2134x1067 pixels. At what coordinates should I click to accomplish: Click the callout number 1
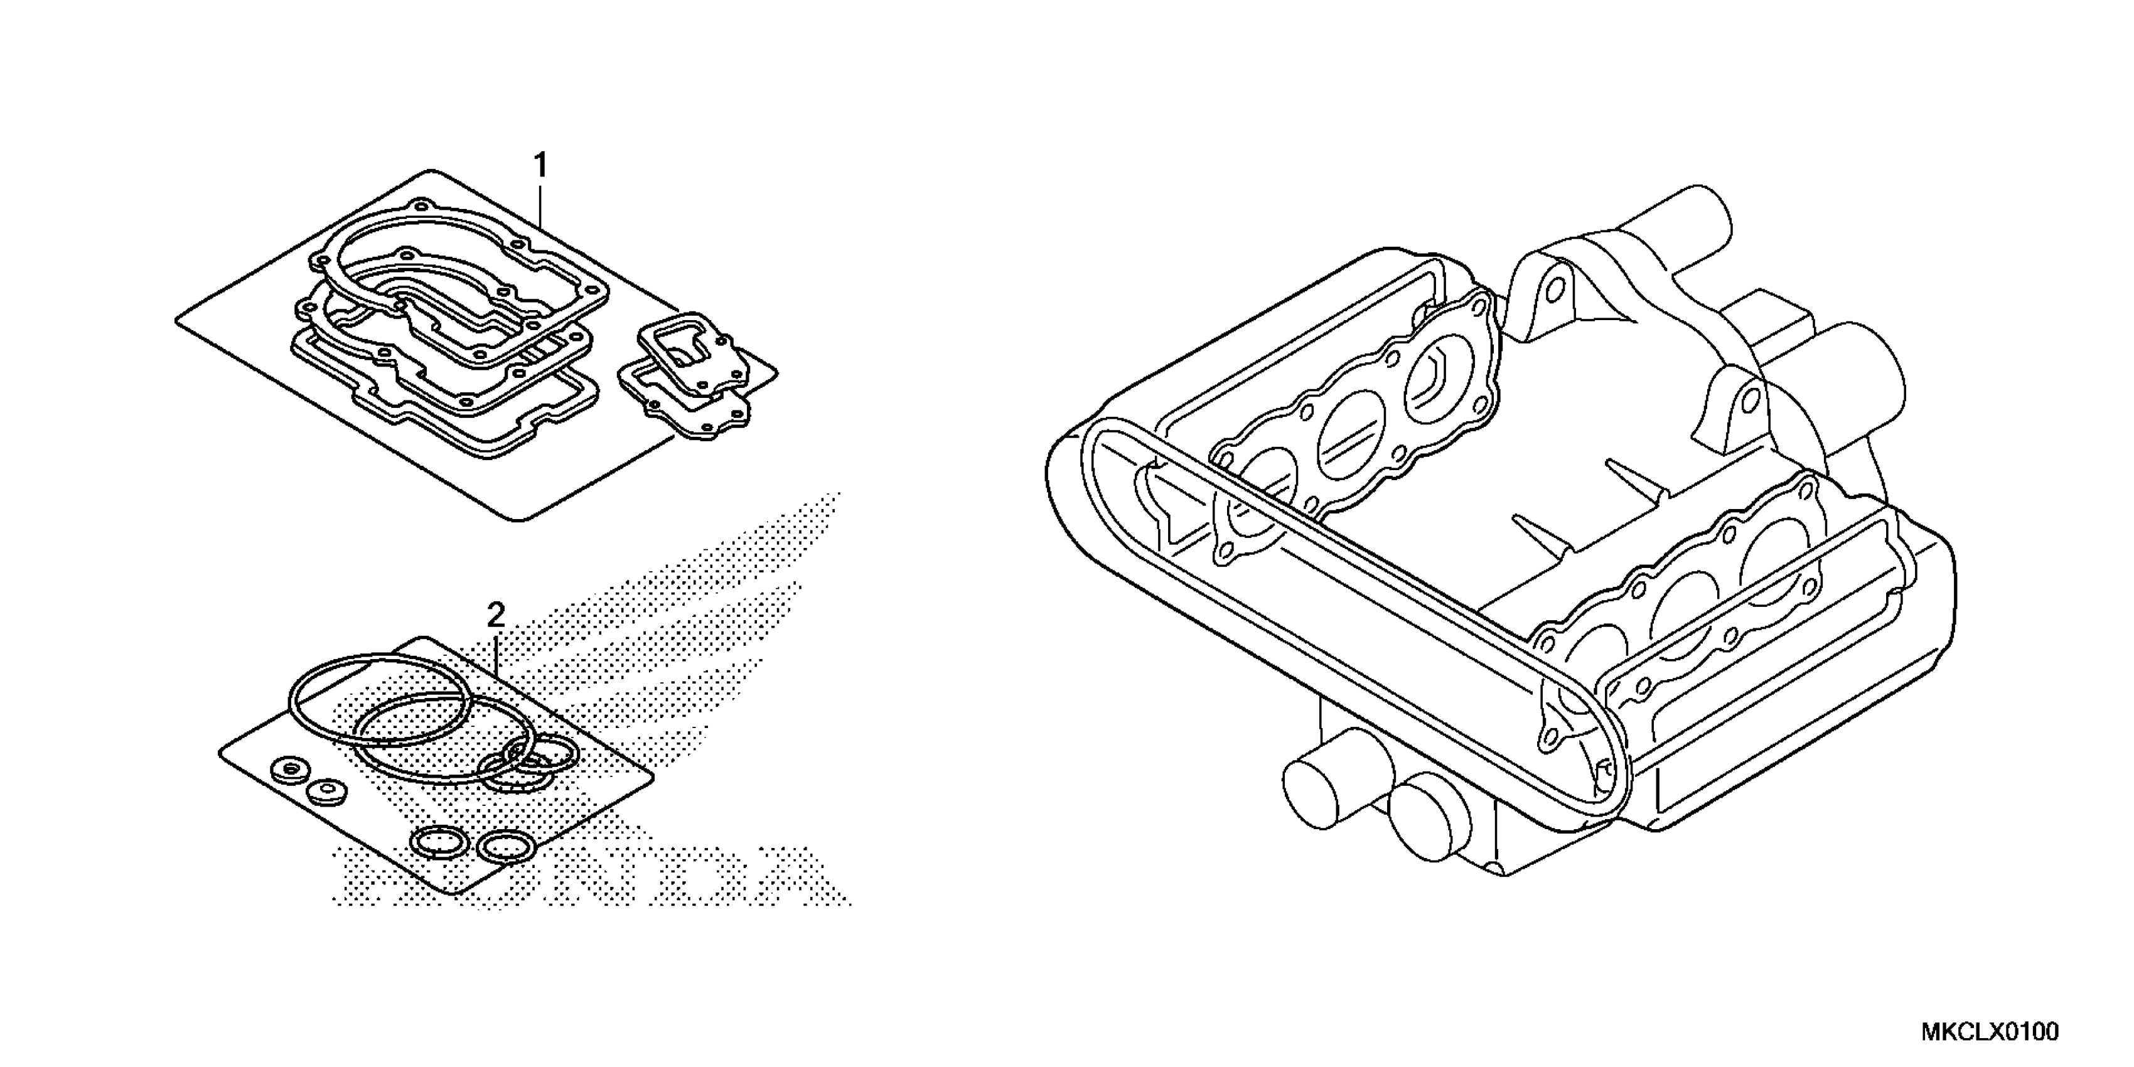click(x=540, y=166)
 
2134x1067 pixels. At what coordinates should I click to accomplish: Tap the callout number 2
click(x=495, y=616)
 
